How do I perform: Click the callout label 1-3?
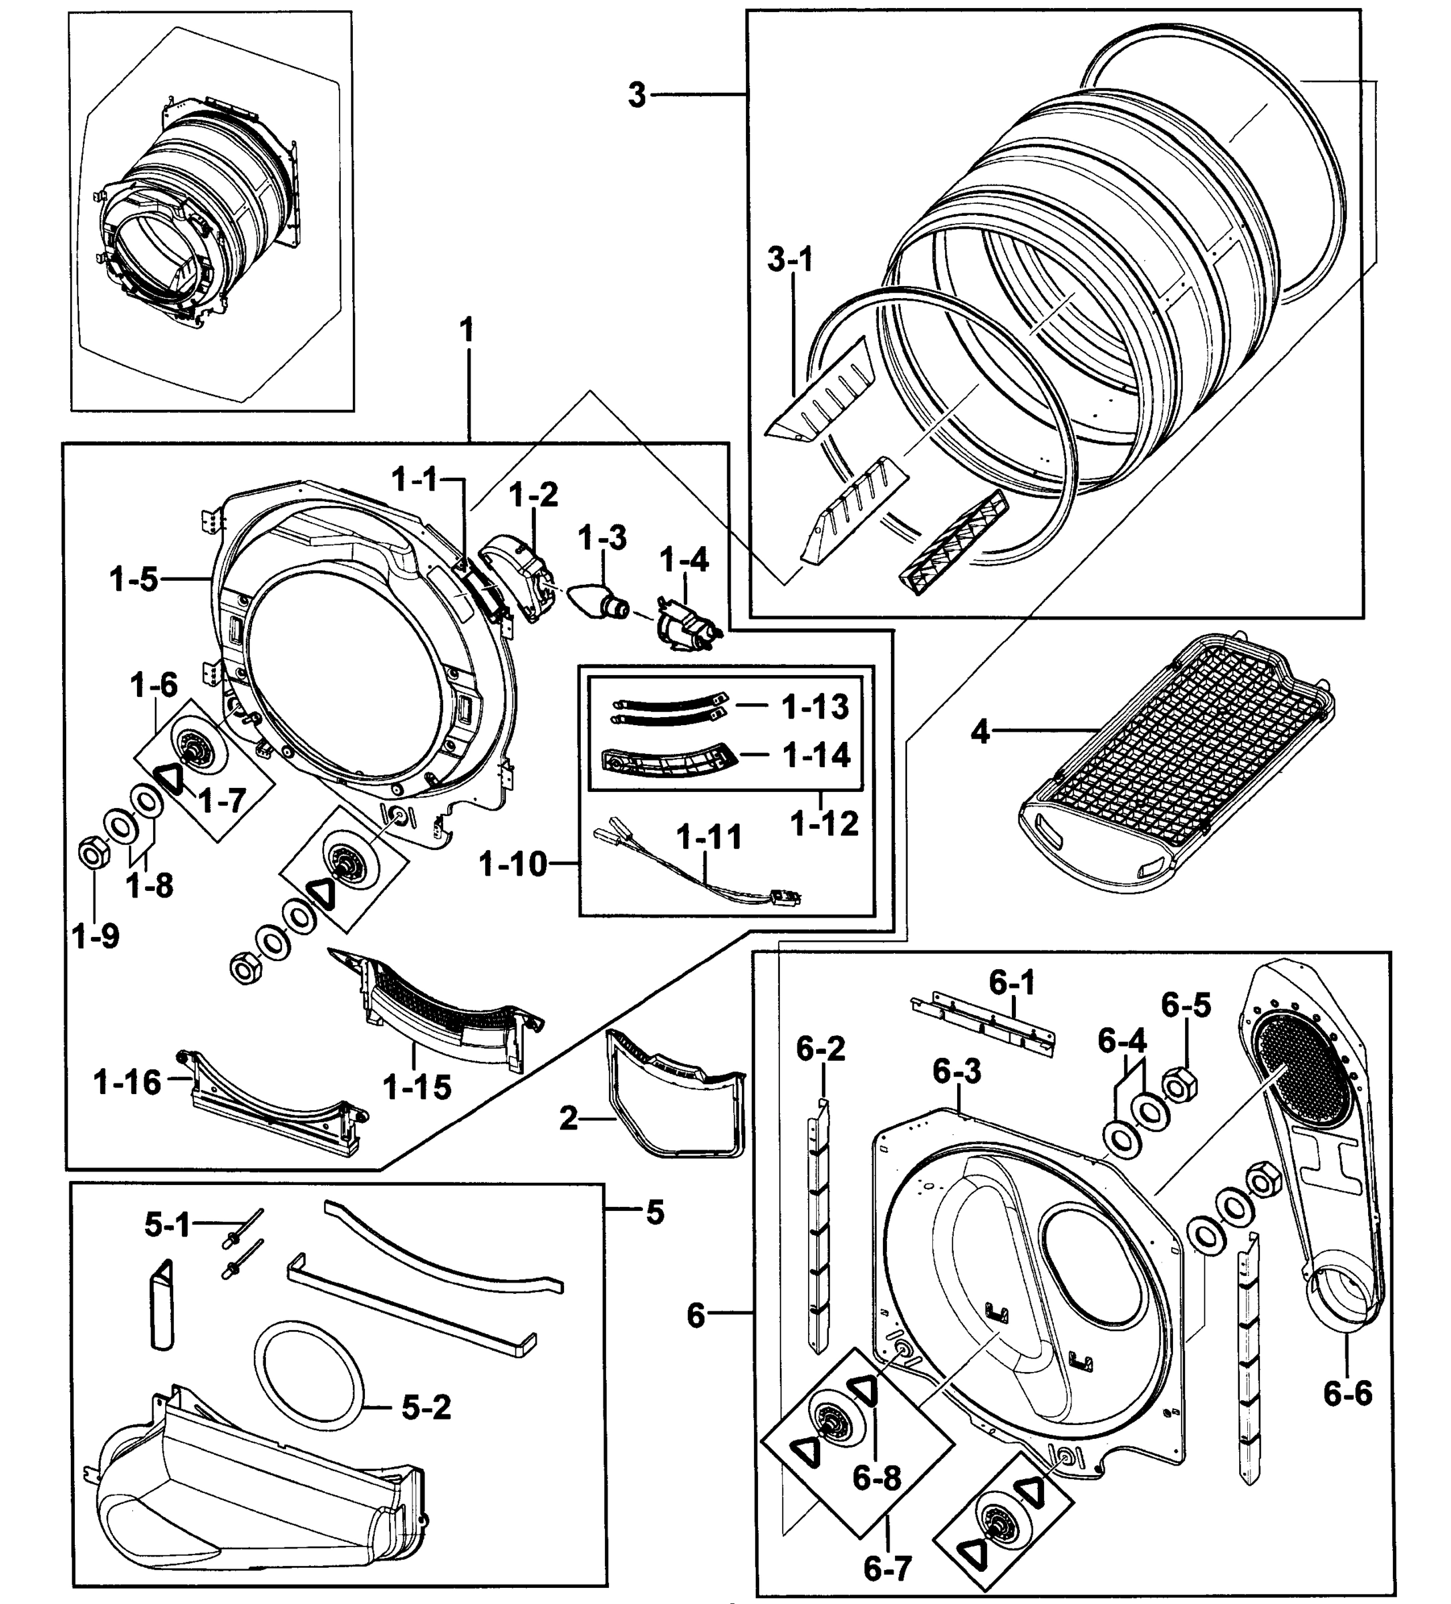(x=602, y=539)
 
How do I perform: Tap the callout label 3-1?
(x=790, y=259)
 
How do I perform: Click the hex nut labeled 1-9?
(x=92, y=855)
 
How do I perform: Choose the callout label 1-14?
(x=816, y=755)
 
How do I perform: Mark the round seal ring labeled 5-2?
(x=310, y=1379)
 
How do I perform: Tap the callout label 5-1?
(x=167, y=1224)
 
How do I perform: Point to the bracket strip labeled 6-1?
(x=983, y=1023)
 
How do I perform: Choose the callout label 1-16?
(x=127, y=1082)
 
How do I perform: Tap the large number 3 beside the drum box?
(x=636, y=96)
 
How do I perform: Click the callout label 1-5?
(x=134, y=580)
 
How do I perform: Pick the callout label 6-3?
(x=957, y=1072)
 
